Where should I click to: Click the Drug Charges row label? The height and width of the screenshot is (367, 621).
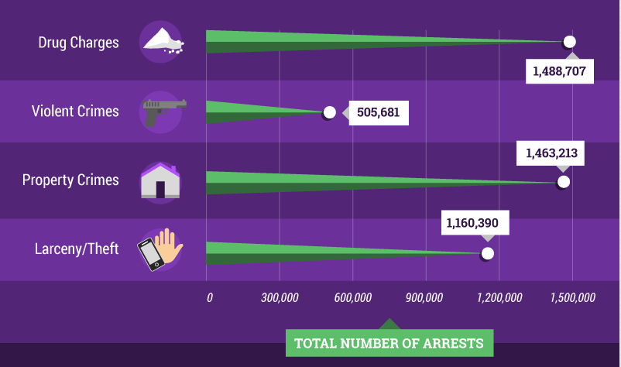(x=78, y=42)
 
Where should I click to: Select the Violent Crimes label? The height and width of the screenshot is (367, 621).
(x=75, y=111)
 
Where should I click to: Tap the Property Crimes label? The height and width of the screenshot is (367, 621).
(x=70, y=180)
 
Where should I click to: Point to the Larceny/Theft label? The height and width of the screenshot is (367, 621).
(x=77, y=249)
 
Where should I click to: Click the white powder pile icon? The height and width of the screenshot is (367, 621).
(x=161, y=41)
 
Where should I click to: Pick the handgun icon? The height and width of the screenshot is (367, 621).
(x=162, y=110)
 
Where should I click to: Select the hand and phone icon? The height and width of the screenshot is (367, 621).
(x=160, y=249)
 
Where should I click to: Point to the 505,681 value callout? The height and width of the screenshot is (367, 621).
(x=378, y=112)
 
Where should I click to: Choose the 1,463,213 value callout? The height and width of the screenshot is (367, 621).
(x=552, y=153)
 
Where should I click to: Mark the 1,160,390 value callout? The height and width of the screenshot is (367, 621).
(x=476, y=223)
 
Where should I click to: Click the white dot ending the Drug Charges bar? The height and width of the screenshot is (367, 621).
(x=570, y=42)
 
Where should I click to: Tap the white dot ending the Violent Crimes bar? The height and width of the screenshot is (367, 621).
(x=329, y=112)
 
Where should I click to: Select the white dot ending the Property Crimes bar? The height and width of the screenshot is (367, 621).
(x=564, y=182)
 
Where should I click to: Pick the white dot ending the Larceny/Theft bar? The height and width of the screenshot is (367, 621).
(x=487, y=253)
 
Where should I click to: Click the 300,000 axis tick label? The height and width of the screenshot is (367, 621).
(x=280, y=297)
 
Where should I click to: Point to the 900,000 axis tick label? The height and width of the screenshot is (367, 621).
(x=424, y=297)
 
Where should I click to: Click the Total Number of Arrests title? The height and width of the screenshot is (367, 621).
(x=389, y=343)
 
